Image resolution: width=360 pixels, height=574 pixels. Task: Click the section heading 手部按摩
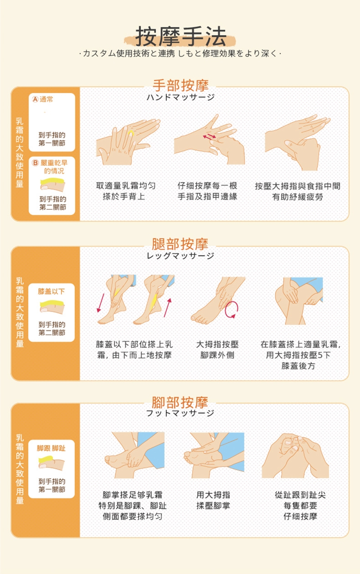(180, 86)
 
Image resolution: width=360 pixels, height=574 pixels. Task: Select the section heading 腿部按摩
(180, 244)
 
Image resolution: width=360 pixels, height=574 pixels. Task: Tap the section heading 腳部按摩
(180, 402)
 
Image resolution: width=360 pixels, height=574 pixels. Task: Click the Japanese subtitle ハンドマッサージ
(180, 97)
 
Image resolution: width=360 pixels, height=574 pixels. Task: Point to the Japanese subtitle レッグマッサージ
(180, 256)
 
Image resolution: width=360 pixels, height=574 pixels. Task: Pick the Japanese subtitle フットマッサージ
(180, 413)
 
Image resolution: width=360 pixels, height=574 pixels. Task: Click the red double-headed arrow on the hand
(210, 137)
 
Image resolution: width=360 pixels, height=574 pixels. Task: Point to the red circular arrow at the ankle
(232, 309)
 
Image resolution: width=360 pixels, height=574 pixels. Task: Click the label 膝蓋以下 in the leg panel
(51, 291)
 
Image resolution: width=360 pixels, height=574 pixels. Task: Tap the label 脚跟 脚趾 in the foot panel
(51, 448)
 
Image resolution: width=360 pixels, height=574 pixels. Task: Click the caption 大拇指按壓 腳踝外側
(217, 349)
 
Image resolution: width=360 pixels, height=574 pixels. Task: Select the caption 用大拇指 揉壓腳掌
(213, 500)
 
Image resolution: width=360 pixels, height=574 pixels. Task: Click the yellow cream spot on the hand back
(131, 133)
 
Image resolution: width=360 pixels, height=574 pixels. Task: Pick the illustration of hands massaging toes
(295, 456)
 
